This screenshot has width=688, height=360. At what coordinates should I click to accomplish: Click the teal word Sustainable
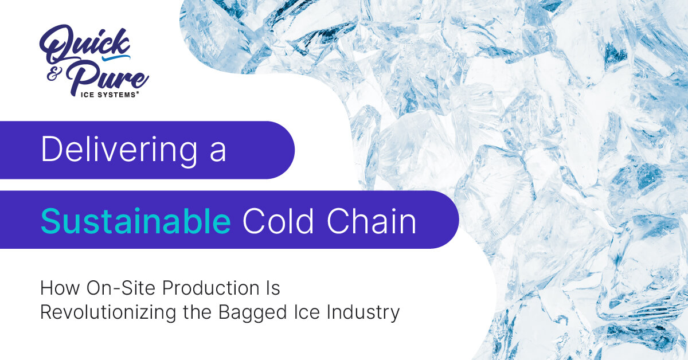coord(135,220)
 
